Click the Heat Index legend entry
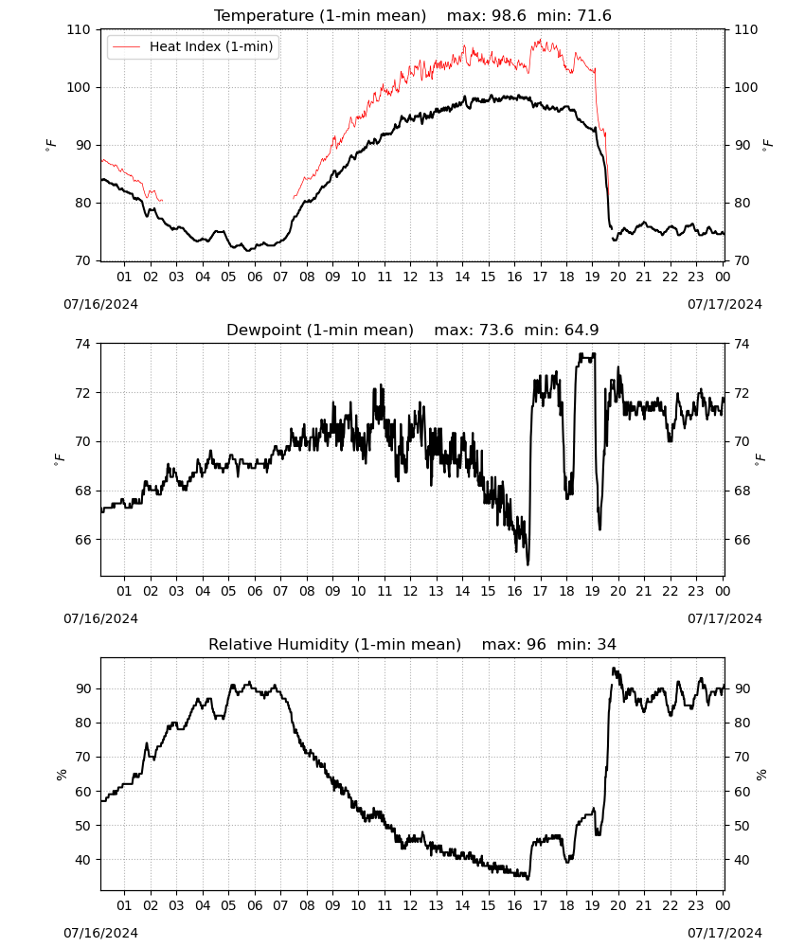tap(193, 46)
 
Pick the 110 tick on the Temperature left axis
tap(79, 29)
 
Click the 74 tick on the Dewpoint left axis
tap(82, 344)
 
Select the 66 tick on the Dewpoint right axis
tap(742, 540)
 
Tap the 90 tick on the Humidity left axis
tap(82, 688)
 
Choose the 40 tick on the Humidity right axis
tap(742, 860)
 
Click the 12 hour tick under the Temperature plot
tap(410, 277)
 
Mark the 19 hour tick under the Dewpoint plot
tap(593, 591)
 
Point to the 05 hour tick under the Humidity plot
tap(228, 905)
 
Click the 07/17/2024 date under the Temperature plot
tap(724, 304)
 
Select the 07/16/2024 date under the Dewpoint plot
tap(100, 618)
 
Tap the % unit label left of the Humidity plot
tap(61, 775)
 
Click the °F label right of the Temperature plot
tap(767, 145)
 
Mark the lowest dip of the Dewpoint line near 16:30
tap(528, 564)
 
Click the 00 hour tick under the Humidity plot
tap(723, 905)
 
